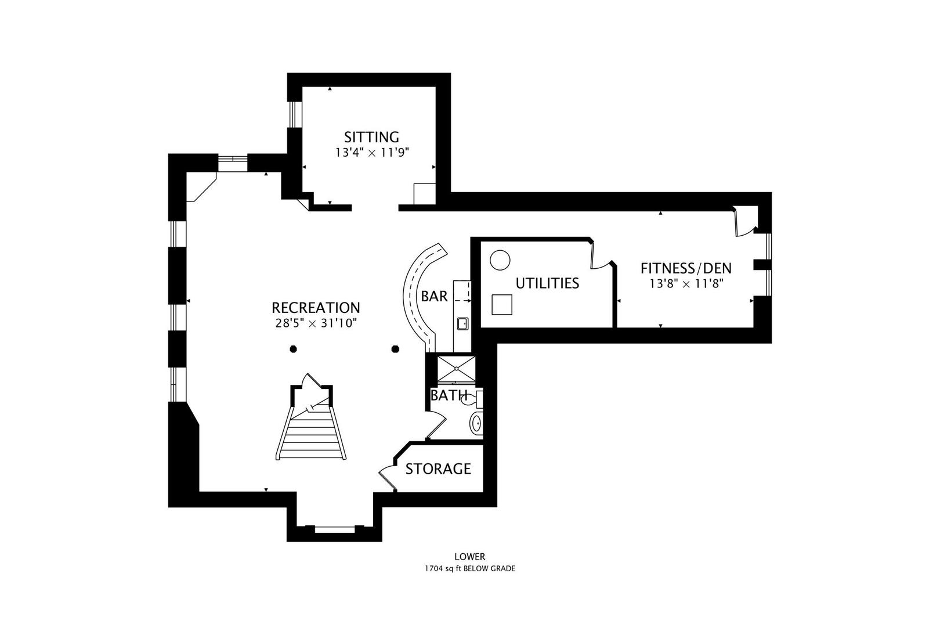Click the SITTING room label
pos(371,138)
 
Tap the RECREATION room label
pos(316,308)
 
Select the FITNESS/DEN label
pos(686,268)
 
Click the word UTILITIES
pos(547,283)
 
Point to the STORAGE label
pos(438,469)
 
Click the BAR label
pos(435,297)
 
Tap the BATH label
pos(449,395)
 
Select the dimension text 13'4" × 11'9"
pos(372,153)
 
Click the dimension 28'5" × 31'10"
pos(316,323)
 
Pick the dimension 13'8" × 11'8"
pos(686,284)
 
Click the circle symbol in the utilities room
pos(500,260)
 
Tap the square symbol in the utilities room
pos(502,304)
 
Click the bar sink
pos(463,324)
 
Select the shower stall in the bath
pos(457,369)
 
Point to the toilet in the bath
pos(472,398)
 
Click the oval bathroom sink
pos(476,423)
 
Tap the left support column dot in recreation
pos(294,349)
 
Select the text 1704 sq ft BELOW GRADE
pos(470,568)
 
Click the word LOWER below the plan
pos(470,556)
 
